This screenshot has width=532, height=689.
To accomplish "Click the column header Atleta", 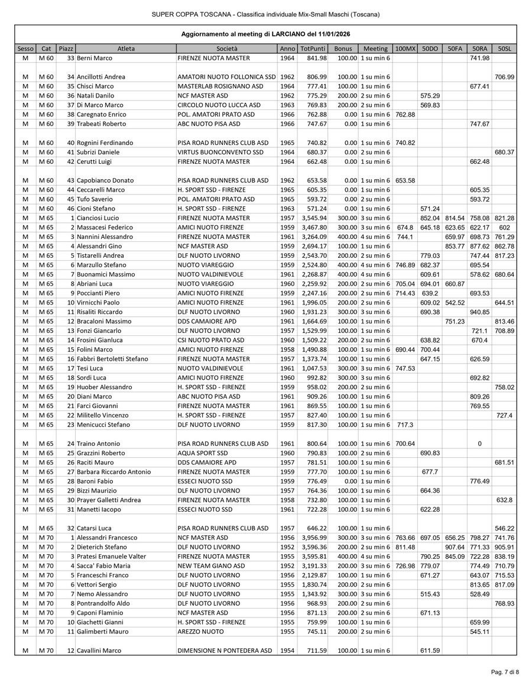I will pos(126,48).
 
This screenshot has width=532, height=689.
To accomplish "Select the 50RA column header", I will pos(479,48).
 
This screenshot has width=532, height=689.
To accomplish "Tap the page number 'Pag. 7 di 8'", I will pos(505,672).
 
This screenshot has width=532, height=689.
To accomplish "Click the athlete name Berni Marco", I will pos(95,58).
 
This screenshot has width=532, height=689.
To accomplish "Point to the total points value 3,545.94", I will pos(313,218).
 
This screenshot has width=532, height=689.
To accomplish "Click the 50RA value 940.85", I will pos(479,312).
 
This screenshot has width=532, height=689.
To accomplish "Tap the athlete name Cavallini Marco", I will pos(99,651).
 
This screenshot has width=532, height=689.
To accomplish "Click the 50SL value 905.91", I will pos(504,547).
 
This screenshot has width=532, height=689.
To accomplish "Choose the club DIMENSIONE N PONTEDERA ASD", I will pos(225,651).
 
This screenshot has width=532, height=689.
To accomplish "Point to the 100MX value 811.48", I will pos(406,547).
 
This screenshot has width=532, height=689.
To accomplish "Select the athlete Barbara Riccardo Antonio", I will pos(113,472).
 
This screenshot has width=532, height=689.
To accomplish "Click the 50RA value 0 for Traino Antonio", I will pos(479,444).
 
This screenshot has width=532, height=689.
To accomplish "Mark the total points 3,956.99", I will pos(313,538).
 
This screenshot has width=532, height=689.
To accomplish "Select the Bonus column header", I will pos(343,48).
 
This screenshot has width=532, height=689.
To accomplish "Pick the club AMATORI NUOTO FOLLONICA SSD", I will pos(227,77).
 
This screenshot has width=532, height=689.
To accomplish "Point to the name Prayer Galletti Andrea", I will pos(109,500).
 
